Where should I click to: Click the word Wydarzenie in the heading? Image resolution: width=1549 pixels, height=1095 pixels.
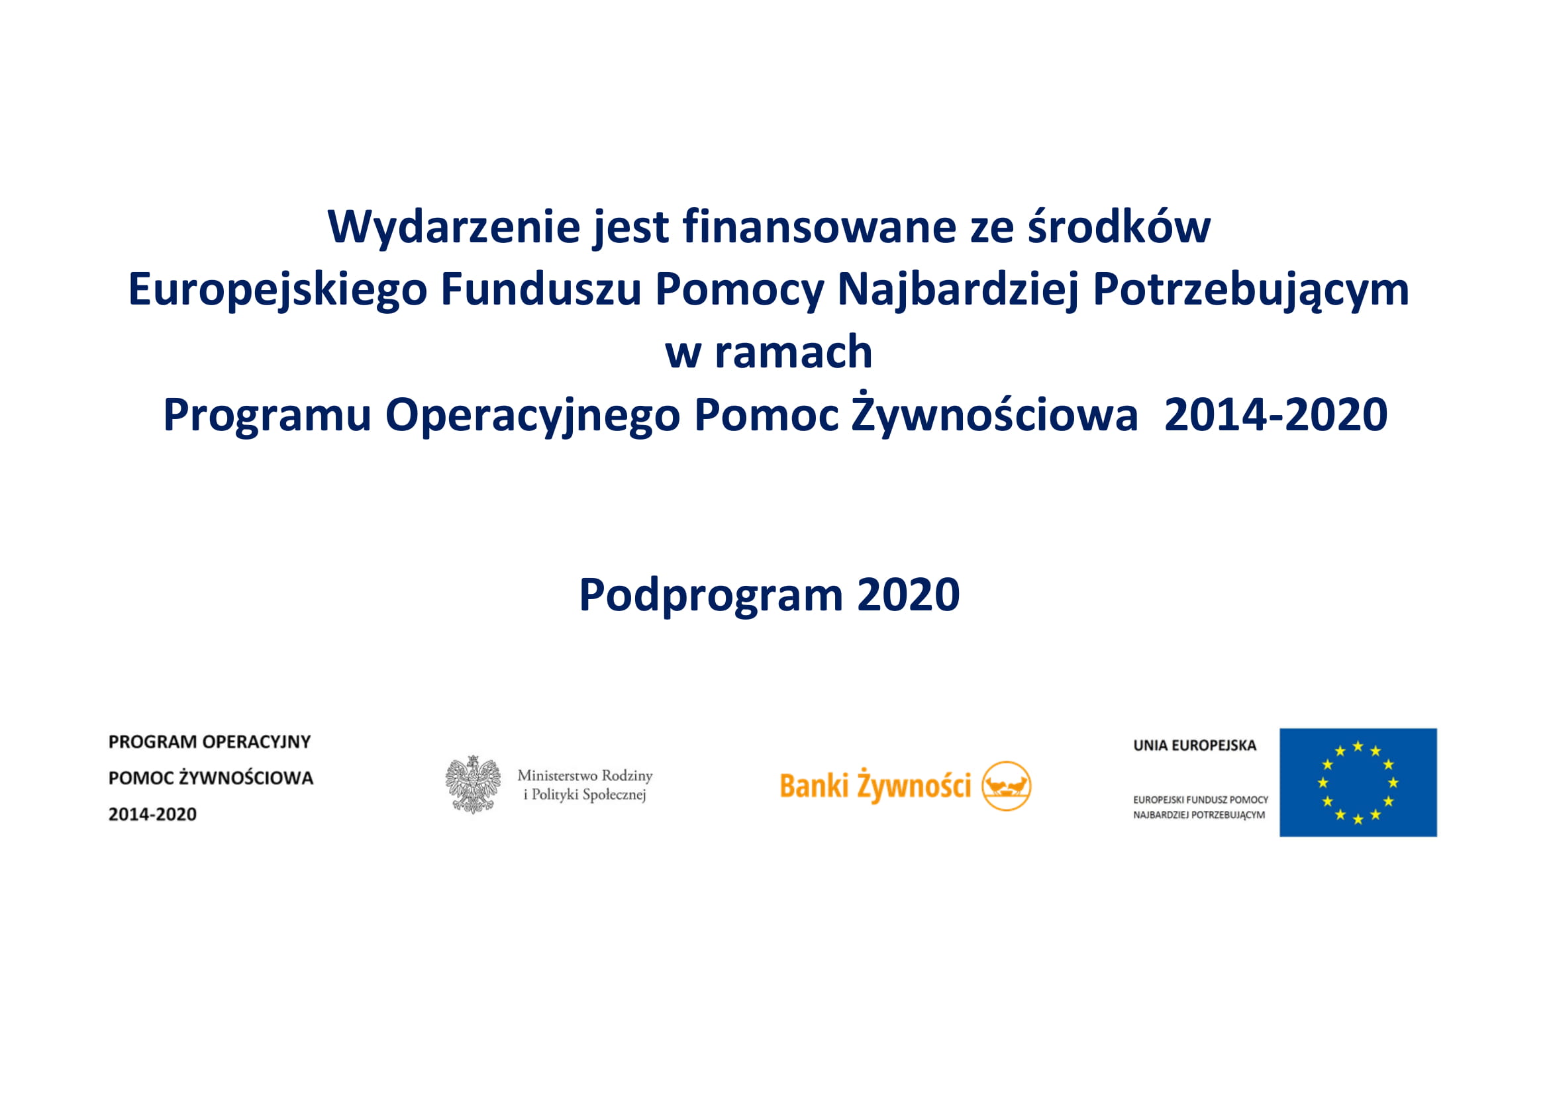(454, 228)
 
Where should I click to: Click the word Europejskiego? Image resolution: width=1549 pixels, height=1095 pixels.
(277, 291)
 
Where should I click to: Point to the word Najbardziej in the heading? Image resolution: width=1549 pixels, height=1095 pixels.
(958, 291)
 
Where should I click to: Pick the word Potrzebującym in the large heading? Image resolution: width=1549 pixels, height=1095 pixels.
(1251, 291)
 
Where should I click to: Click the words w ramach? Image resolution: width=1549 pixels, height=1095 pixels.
(769, 352)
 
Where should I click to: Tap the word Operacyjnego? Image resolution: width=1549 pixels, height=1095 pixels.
(532, 415)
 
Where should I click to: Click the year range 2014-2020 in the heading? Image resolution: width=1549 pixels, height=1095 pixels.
(1275, 414)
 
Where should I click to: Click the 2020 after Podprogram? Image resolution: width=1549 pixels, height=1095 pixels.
(908, 595)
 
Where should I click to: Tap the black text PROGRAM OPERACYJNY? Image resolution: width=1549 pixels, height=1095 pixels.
(210, 741)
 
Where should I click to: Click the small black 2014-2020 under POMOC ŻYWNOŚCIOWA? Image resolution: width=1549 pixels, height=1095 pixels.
(152, 814)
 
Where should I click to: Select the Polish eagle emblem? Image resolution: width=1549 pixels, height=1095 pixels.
(473, 784)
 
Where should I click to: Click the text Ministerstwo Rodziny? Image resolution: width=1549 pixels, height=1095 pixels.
(585, 775)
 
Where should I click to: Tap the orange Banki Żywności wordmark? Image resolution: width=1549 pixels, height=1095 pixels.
(875, 786)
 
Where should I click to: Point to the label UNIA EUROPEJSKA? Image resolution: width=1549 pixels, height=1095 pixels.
(1195, 745)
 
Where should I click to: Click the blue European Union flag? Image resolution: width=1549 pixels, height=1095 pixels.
(1358, 783)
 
